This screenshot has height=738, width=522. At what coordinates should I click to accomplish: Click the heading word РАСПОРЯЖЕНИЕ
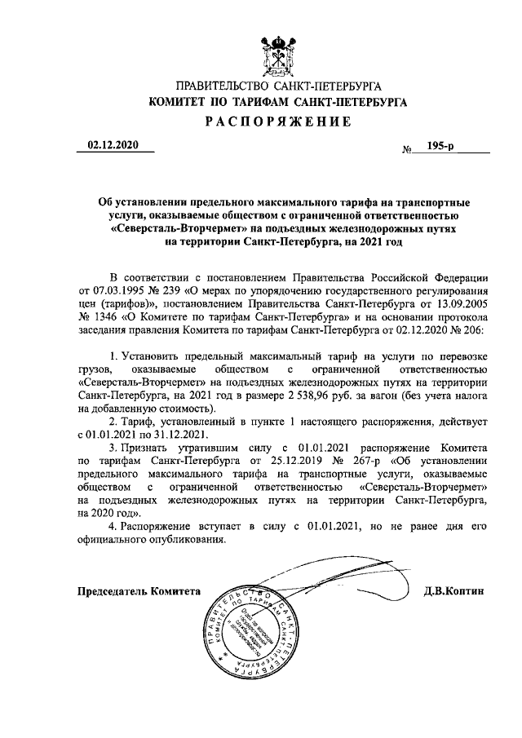click(x=277, y=122)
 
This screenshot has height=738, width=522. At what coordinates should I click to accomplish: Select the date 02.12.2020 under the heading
click(x=114, y=146)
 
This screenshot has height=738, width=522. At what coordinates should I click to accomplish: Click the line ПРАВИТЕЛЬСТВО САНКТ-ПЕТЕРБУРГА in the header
click(x=277, y=86)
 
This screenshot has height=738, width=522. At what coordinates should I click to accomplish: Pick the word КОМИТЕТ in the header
click(x=178, y=103)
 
